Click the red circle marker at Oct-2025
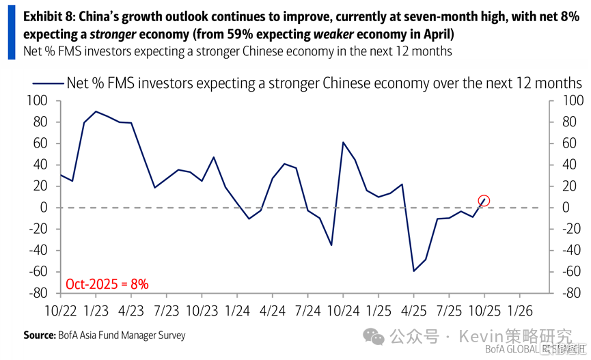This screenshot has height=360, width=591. click(484, 201)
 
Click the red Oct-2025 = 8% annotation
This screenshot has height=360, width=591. click(107, 283)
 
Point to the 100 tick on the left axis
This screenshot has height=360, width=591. click(38, 101)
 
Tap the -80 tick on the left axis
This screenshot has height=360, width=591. click(38, 292)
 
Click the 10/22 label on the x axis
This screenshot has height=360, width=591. click(60, 310)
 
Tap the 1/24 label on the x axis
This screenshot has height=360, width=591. click(237, 310)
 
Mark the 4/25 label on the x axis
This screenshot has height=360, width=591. click(414, 310)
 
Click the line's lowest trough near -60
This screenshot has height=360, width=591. click(413, 271)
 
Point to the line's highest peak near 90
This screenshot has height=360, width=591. click(96, 111)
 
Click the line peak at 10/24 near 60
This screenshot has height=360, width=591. click(343, 142)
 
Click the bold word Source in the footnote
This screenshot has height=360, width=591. click(39, 335)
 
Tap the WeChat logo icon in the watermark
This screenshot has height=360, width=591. click(374, 336)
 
